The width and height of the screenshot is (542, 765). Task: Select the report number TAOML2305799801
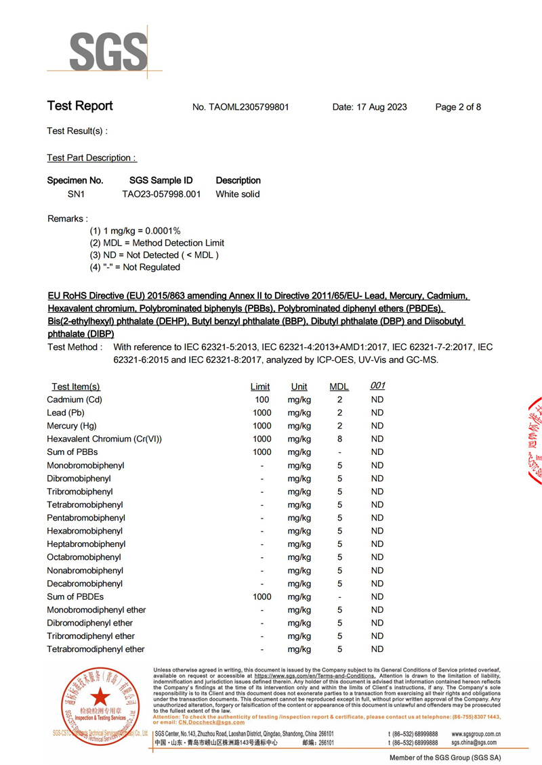[x=241, y=107]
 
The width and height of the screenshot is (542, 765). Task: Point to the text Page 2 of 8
[x=458, y=107]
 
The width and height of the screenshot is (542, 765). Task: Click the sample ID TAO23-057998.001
[x=161, y=194]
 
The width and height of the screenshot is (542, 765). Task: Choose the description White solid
[x=238, y=194]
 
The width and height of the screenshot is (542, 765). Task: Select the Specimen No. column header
[x=75, y=181]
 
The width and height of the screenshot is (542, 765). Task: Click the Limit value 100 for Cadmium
[x=262, y=400]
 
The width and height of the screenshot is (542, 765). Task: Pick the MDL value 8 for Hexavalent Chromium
[x=339, y=439]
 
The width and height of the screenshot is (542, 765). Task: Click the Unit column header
[x=299, y=387]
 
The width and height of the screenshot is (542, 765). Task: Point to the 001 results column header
[x=377, y=386]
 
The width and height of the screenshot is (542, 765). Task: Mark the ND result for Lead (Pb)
[x=377, y=413]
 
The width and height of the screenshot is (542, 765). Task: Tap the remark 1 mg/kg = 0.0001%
[x=135, y=231]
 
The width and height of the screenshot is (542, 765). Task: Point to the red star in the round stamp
[x=100, y=696]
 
